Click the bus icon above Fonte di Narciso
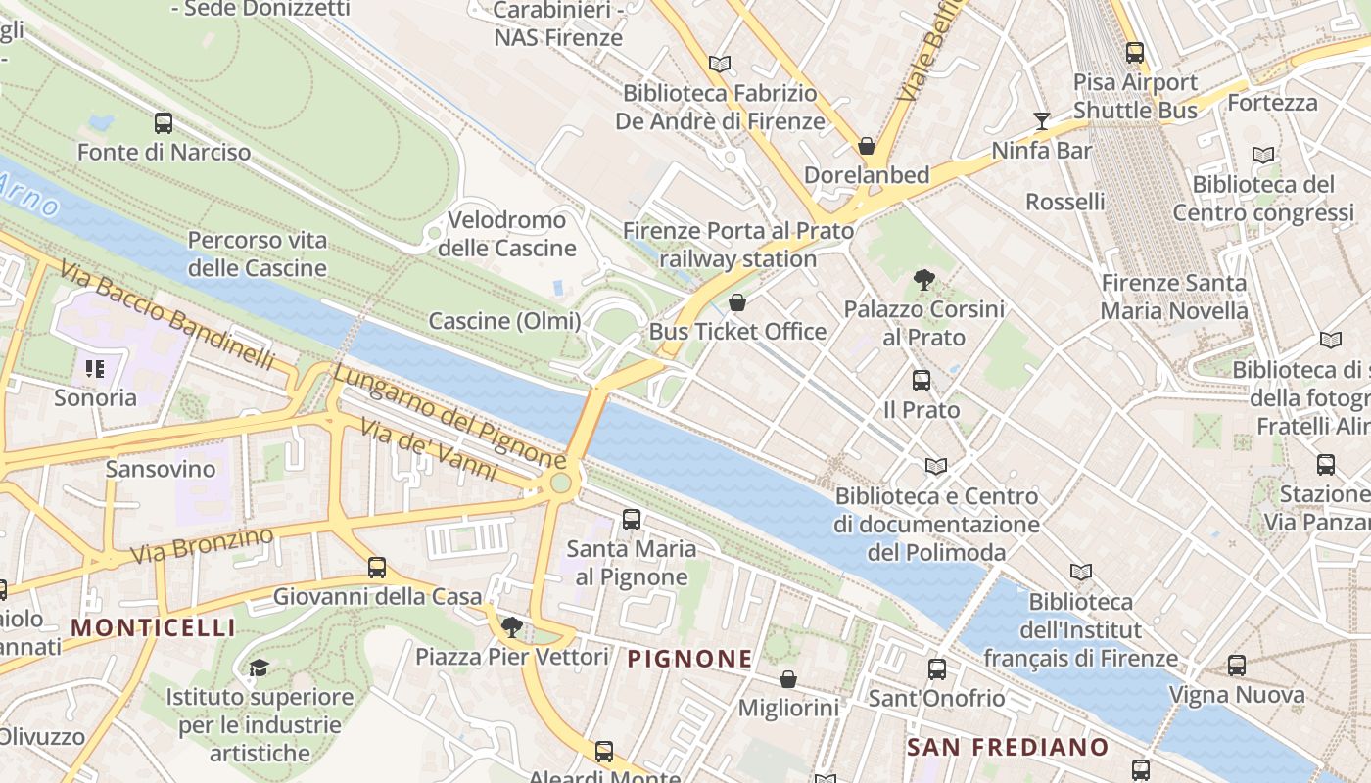click(164, 123)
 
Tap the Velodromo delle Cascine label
click(506, 234)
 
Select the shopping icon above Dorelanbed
click(867, 147)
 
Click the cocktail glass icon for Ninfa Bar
click(1041, 121)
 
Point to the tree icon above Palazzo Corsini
click(923, 280)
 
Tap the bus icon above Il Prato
click(922, 381)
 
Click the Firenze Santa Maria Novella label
click(1174, 297)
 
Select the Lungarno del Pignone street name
click(449, 416)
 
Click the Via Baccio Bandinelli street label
click(166, 314)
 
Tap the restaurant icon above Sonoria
click(95, 369)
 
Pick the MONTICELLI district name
click(154, 627)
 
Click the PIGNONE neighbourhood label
click(689, 659)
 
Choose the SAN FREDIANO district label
click(1007, 747)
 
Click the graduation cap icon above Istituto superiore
click(259, 668)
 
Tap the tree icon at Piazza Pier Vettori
click(511, 627)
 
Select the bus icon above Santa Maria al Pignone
click(632, 520)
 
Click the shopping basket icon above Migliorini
click(788, 679)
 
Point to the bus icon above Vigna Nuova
click(1237, 667)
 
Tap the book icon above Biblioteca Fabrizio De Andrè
click(720, 65)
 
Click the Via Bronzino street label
click(202, 546)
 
